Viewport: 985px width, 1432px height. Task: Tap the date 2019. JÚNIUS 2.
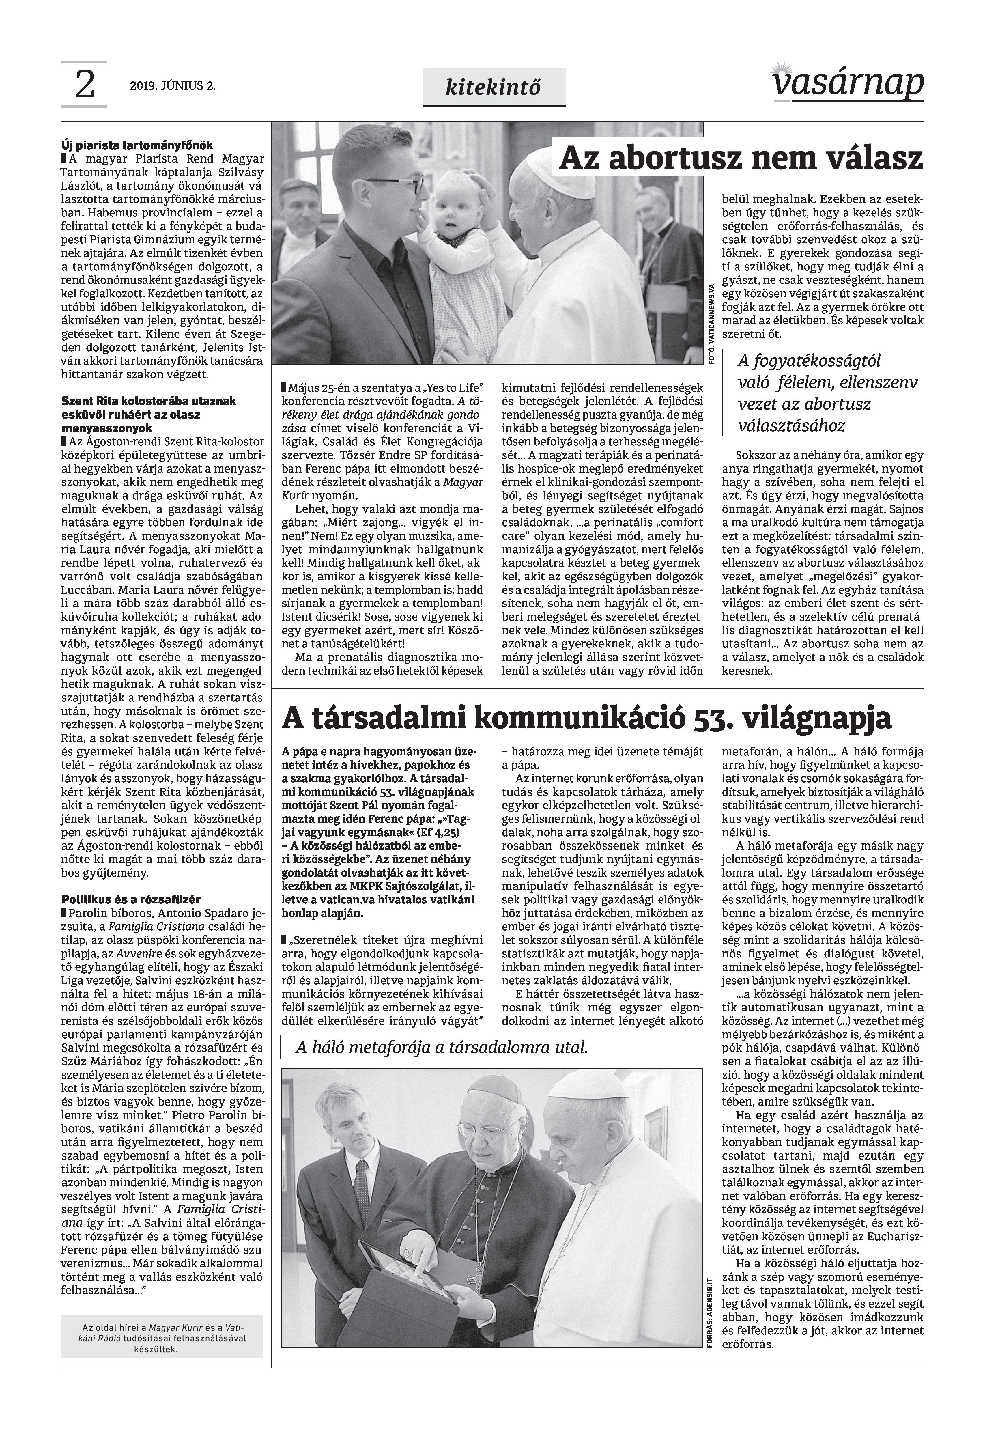173,86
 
